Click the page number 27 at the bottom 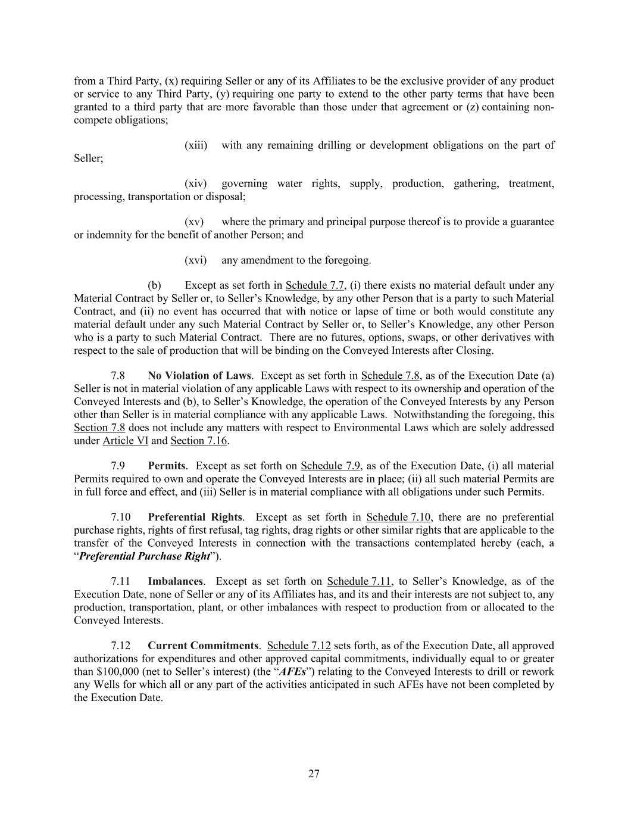[314, 774]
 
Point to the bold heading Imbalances [176, 581]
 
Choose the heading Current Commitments [203, 646]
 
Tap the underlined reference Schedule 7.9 [330, 466]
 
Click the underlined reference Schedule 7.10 [398, 517]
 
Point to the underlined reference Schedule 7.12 [299, 646]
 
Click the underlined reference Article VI [125, 441]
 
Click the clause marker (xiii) [196, 145]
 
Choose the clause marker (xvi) [196, 260]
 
